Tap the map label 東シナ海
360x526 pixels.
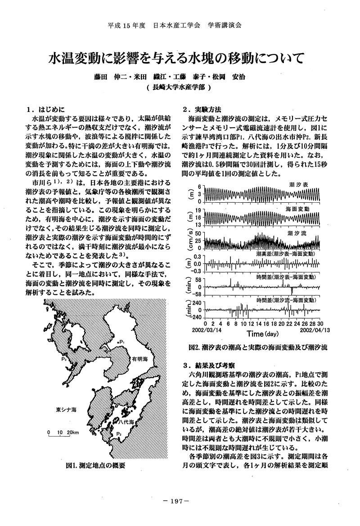coord(66,410)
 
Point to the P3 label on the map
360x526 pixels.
coord(65,360)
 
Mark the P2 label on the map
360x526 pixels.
coord(119,434)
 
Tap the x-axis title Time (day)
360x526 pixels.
coord(263,334)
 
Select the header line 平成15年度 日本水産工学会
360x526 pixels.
coord(175,25)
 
